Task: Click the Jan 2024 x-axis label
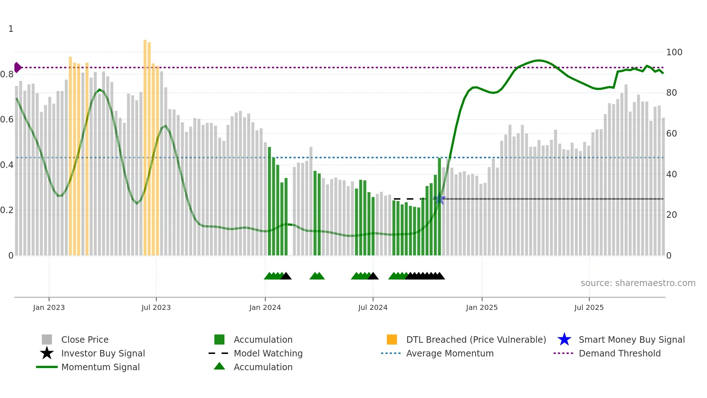[265, 307]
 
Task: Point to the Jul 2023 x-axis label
[156, 307]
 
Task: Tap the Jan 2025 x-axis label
[482, 307]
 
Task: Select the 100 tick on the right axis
[674, 52]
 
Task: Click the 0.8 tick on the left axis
[7, 74]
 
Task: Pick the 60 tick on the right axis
[671, 134]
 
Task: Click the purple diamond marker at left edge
[17, 68]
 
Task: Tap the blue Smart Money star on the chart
[439, 199]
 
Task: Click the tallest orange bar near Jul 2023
[145, 144]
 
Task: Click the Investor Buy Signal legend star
[47, 353]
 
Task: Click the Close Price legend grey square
[47, 339]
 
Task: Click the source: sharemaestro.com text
[638, 283]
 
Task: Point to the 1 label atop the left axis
[11, 29]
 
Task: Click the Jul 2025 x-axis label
[589, 307]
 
